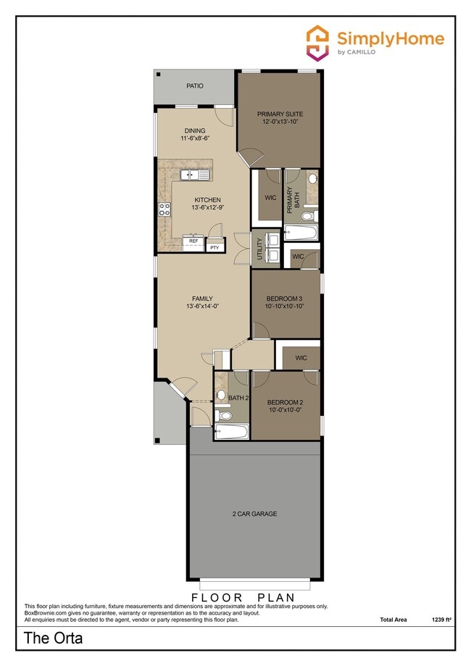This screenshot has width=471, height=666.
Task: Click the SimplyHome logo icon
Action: click(317, 41)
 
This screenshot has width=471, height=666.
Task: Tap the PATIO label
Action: click(174, 86)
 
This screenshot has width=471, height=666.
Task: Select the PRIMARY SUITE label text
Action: click(280, 115)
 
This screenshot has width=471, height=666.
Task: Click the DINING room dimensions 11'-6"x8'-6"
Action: click(195, 138)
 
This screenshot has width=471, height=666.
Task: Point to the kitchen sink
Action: click(194, 175)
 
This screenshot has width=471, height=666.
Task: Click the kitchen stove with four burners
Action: click(164, 209)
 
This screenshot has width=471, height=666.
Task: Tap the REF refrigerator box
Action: click(193, 241)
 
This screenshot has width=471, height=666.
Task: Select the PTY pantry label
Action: click(214, 248)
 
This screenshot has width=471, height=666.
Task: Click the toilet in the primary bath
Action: click(307, 216)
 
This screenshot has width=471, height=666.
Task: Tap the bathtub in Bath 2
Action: click(231, 433)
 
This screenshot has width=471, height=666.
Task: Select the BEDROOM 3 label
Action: click(285, 299)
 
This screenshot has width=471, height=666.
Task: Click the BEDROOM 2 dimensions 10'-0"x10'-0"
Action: click(285, 411)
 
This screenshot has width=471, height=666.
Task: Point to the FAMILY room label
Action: click(202, 298)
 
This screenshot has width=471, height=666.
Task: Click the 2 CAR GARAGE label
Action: click(254, 514)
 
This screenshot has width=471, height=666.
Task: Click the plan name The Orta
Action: click(54, 638)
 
